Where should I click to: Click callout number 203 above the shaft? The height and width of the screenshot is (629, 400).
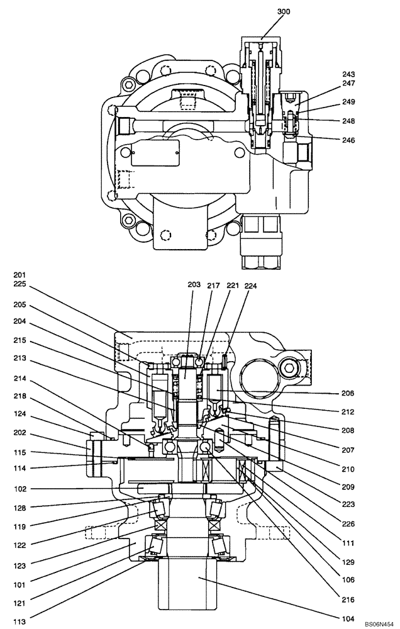(x=194, y=285)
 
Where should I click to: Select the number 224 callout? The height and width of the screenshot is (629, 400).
(x=250, y=285)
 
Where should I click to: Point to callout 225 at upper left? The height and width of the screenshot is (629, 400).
(x=20, y=284)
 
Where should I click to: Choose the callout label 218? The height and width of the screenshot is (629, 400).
(x=20, y=397)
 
